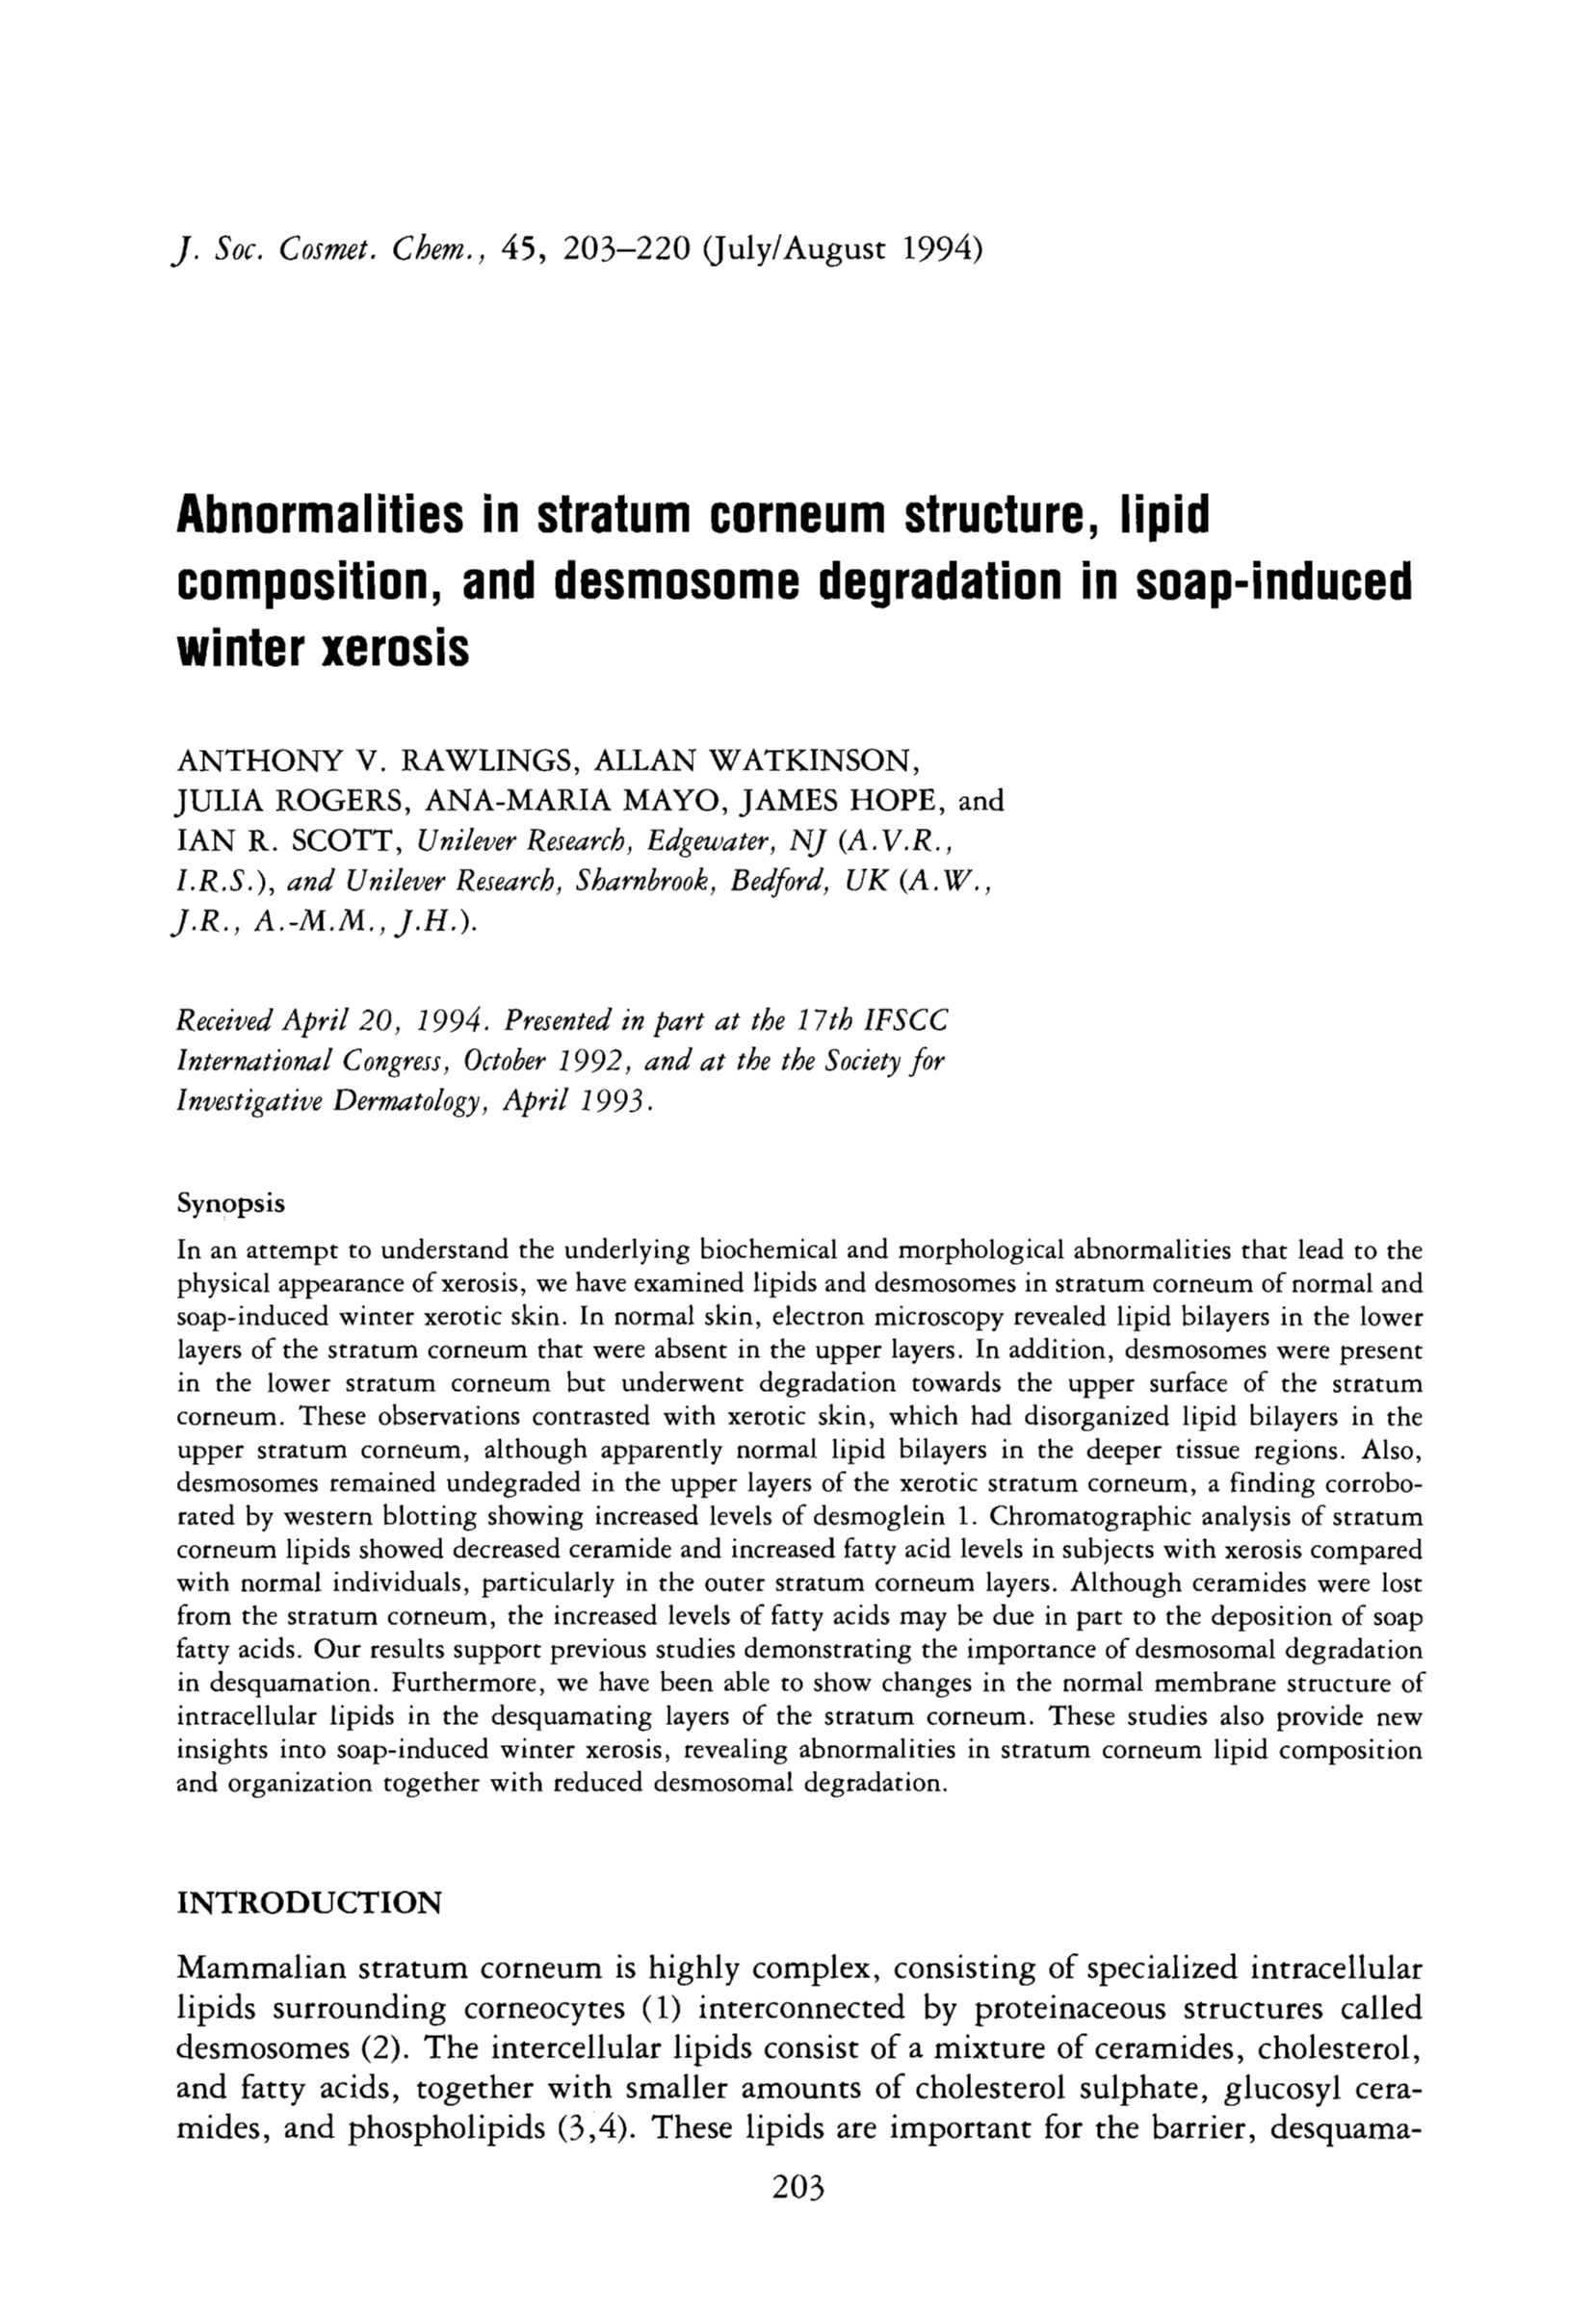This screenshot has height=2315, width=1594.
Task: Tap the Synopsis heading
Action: coord(231,1204)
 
